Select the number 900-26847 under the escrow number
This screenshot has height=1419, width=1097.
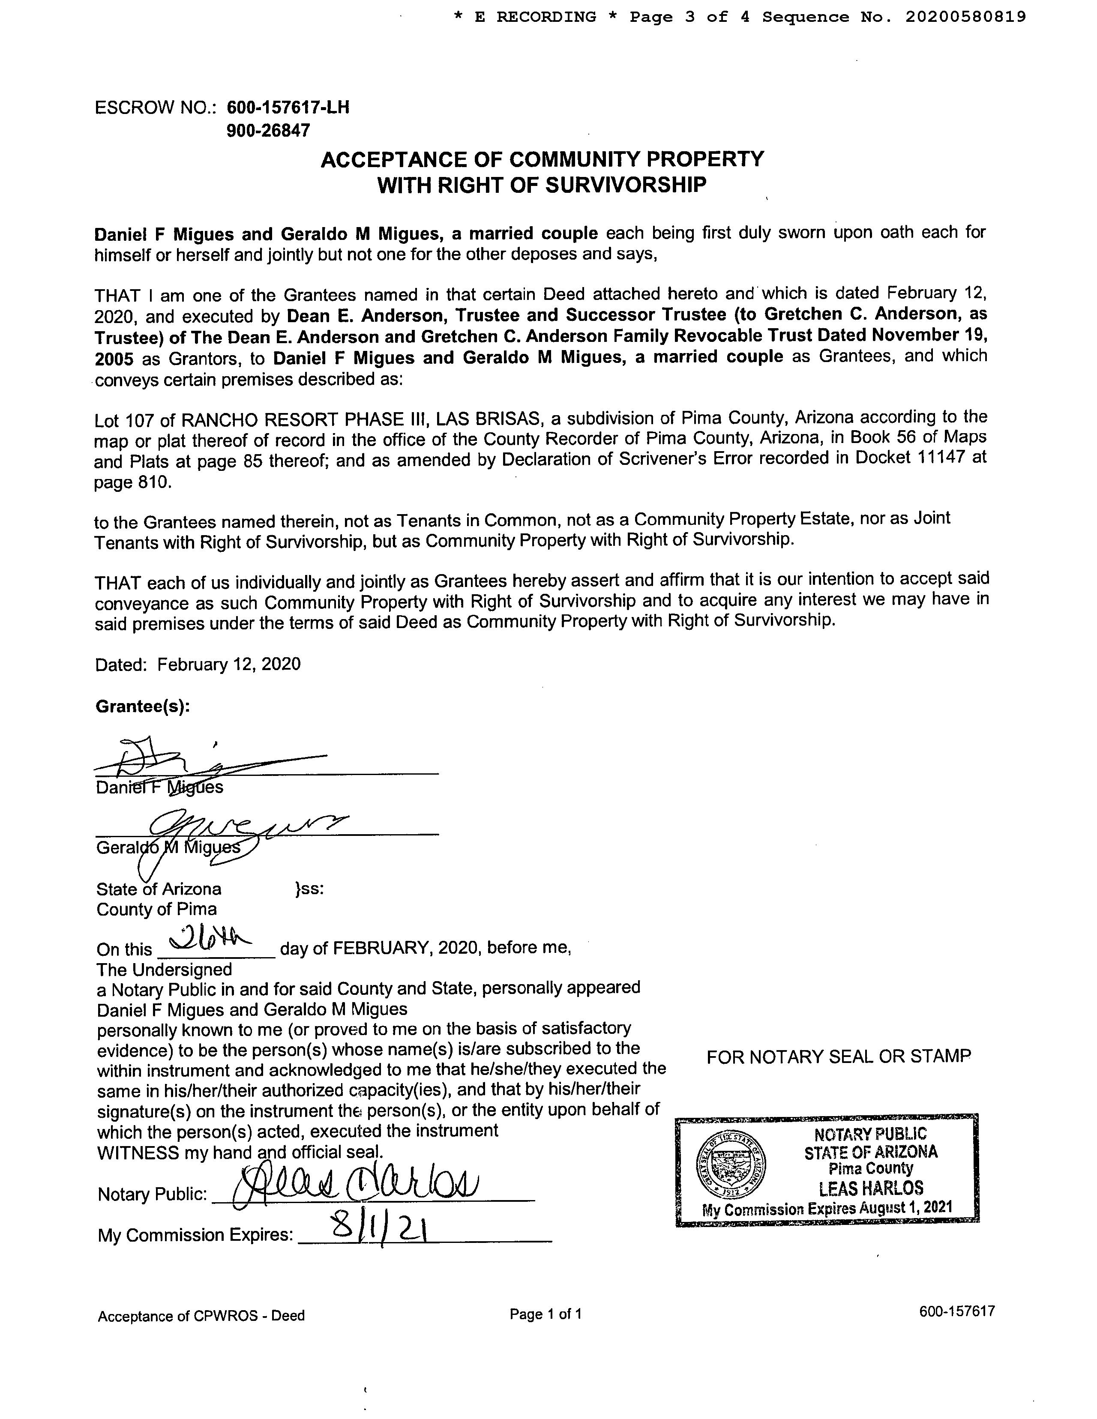pyautogui.click(x=268, y=131)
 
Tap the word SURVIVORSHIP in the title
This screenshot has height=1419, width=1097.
pyautogui.click(x=625, y=185)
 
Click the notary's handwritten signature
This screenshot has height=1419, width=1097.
pyautogui.click(x=354, y=1190)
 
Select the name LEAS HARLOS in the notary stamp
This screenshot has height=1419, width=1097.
pyautogui.click(x=870, y=1189)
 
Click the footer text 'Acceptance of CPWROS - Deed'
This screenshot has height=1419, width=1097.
pyautogui.click(x=201, y=1316)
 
